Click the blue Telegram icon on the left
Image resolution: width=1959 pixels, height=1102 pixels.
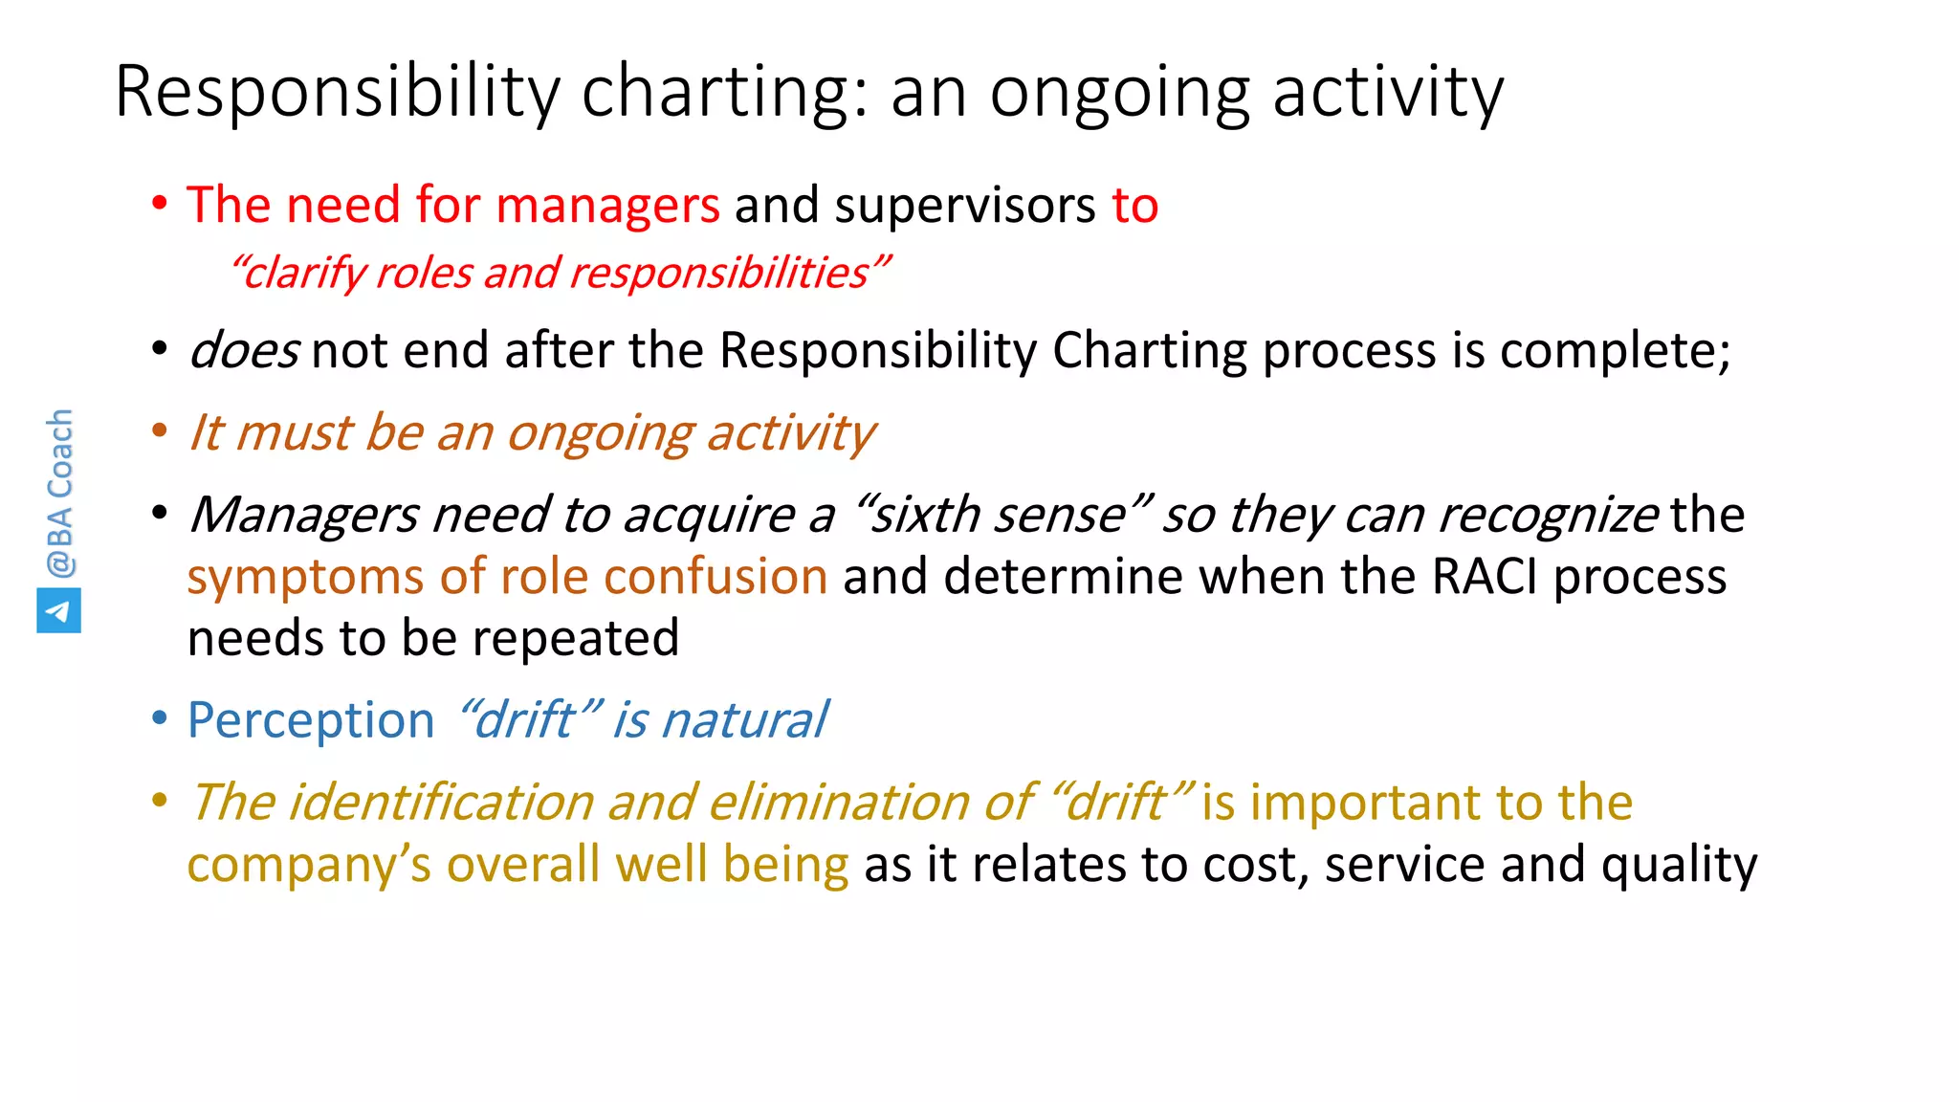point(58,610)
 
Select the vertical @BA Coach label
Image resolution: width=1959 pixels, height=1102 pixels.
point(59,493)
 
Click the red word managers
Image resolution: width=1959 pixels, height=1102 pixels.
point(607,206)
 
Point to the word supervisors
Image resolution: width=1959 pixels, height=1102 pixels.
point(964,206)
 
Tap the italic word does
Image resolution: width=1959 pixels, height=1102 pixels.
point(244,350)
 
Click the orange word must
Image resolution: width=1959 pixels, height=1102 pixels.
point(294,433)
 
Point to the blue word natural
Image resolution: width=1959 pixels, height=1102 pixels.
point(744,720)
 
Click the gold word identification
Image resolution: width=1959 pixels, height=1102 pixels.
point(441,802)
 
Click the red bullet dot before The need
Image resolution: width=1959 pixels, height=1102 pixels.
point(160,204)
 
